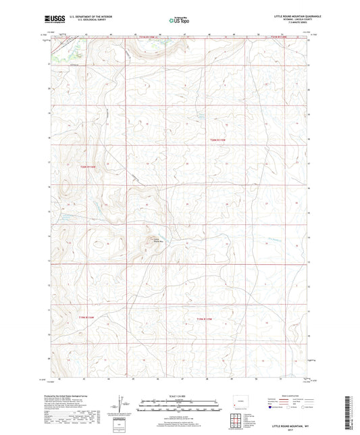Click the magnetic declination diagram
coord(122,405)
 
